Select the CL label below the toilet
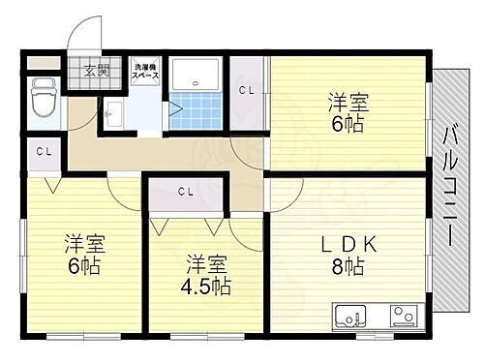coord(43,152)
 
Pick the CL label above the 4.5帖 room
coord(186,190)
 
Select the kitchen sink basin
coord(350,316)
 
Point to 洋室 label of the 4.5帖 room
coord(205,262)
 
